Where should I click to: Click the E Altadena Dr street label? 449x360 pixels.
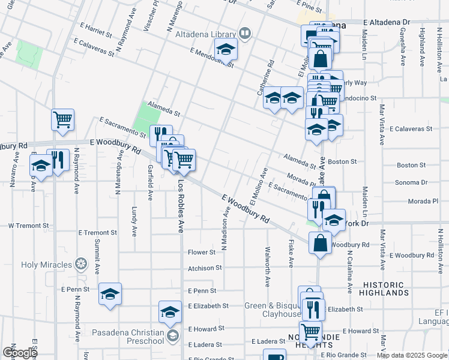pos(386,22)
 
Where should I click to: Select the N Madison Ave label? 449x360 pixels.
pos(226,228)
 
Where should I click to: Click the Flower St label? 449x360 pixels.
pos(201,253)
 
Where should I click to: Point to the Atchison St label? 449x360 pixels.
pos(205,268)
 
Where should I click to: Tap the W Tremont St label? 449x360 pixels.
pos(28,226)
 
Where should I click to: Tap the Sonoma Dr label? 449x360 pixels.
pos(411,182)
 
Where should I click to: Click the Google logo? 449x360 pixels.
pos(19,353)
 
